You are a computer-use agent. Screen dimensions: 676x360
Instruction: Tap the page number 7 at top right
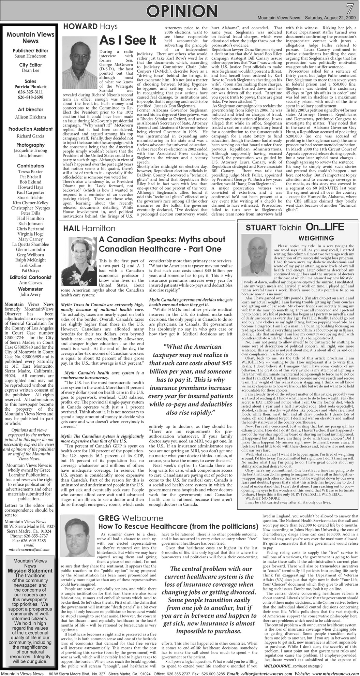350,8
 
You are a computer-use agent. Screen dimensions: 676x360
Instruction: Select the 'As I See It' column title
127,41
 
